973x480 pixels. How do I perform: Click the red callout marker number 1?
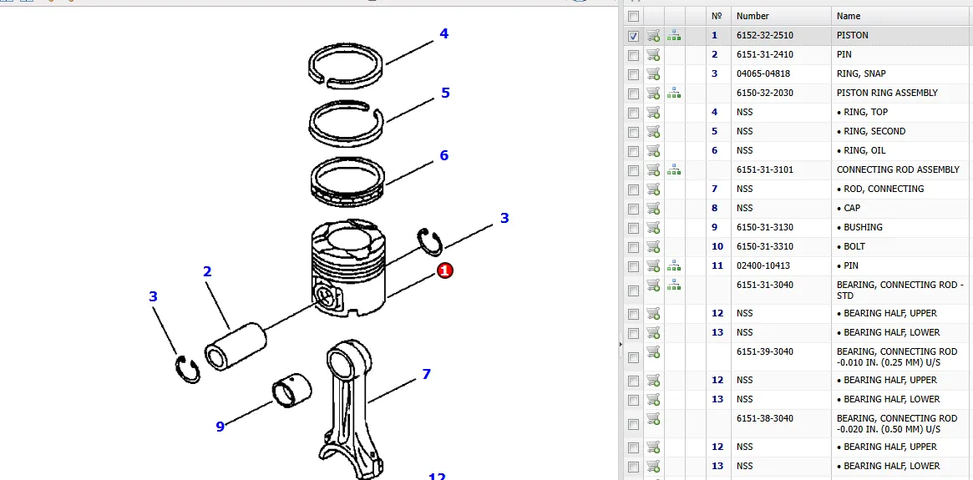[445, 270]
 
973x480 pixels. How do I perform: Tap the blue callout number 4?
[443, 34]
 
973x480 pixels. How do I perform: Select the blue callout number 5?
[445, 93]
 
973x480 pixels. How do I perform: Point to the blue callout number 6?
[443, 155]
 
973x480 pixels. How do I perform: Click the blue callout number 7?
[426, 374]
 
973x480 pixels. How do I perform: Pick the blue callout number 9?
[220, 427]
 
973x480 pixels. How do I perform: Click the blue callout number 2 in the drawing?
[207, 271]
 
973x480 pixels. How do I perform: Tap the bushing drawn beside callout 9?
[292, 391]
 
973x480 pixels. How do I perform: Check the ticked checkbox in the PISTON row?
[634, 36]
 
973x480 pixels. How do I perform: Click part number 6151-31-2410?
[764, 54]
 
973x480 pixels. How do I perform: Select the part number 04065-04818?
[763, 73]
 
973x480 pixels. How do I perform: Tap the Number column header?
[753, 16]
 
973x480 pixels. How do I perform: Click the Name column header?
[848, 16]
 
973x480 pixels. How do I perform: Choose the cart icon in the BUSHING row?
[653, 227]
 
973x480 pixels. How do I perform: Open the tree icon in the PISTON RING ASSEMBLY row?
[673, 93]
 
